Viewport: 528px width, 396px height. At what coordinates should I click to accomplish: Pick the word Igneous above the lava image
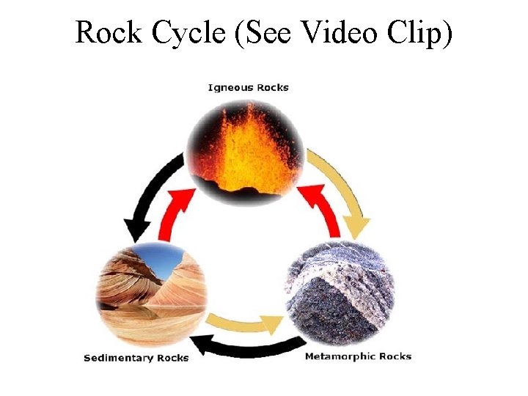tap(231, 88)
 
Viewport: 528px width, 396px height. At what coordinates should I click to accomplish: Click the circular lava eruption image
tap(246, 150)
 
